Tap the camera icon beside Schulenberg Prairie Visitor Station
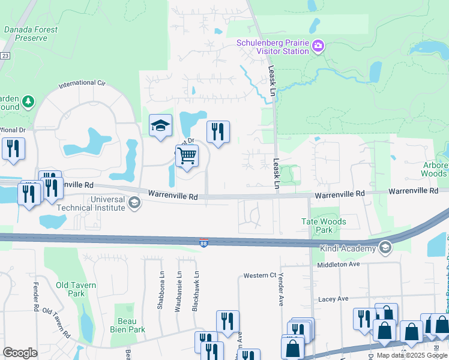click(318, 46)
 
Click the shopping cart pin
click(187, 157)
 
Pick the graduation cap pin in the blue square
click(160, 125)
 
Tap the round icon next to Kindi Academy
click(385, 248)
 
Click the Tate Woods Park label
click(324, 226)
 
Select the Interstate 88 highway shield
click(205, 242)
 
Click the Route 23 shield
click(4, 55)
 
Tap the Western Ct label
click(259, 275)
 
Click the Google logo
click(20, 353)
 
